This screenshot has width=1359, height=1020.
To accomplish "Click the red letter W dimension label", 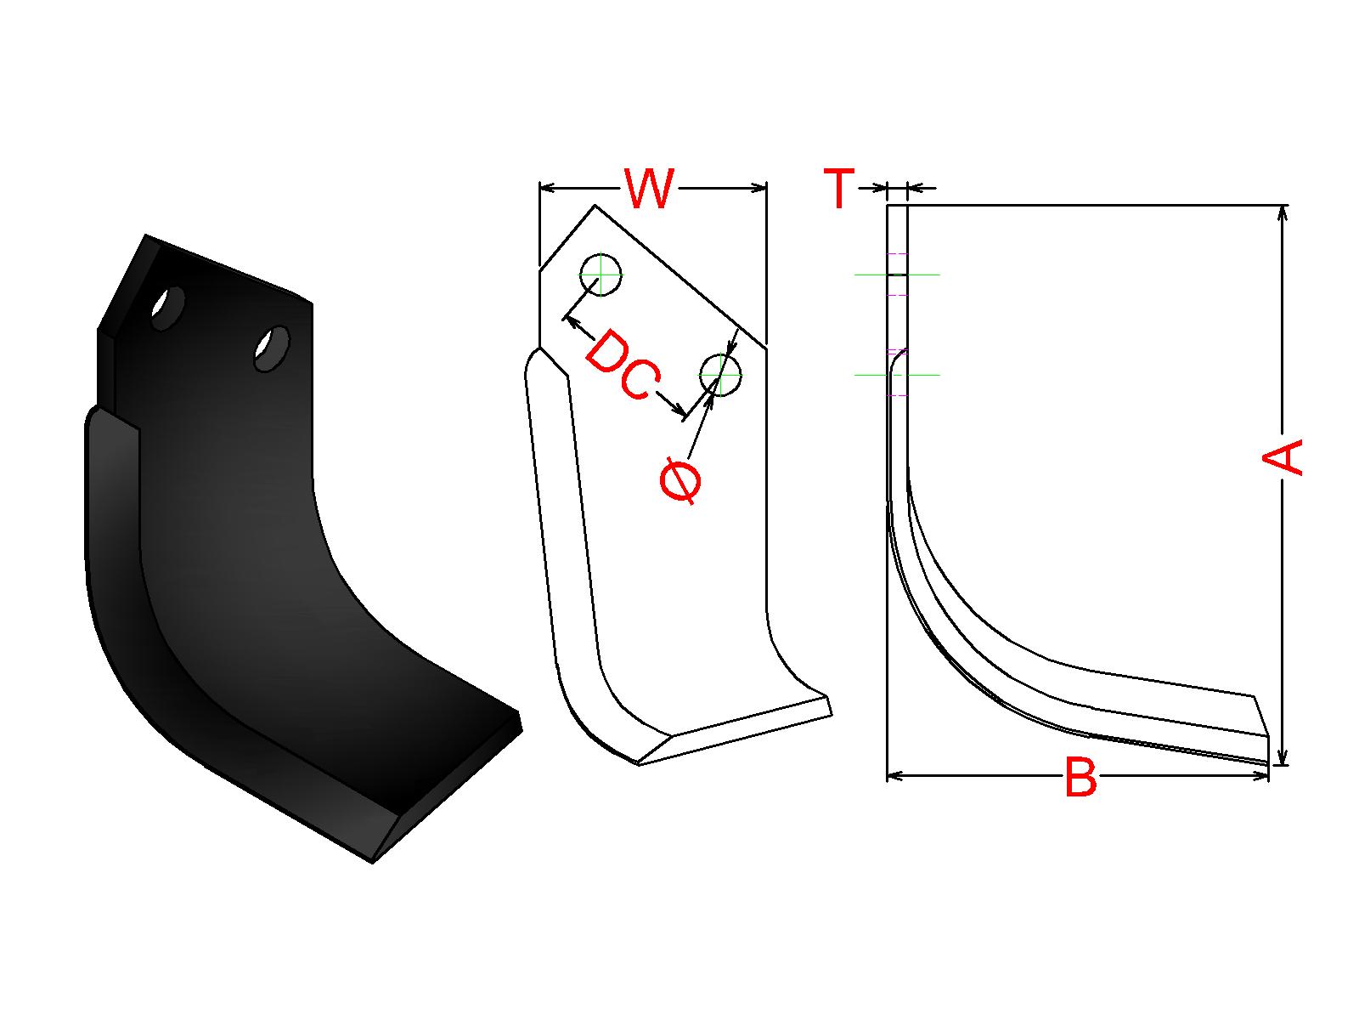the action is (648, 188).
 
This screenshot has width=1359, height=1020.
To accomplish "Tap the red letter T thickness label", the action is (839, 188).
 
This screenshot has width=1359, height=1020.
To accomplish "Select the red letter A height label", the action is (1283, 457).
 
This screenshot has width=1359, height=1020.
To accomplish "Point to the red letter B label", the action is (1080, 776).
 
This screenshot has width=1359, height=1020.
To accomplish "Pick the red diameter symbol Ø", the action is (680, 480).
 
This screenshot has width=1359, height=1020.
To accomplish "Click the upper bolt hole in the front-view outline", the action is (601, 275).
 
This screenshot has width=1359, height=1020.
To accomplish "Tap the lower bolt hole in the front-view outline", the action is (720, 376).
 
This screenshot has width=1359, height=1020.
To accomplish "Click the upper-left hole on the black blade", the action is (168, 309).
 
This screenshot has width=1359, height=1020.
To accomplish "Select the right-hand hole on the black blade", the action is (272, 348).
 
